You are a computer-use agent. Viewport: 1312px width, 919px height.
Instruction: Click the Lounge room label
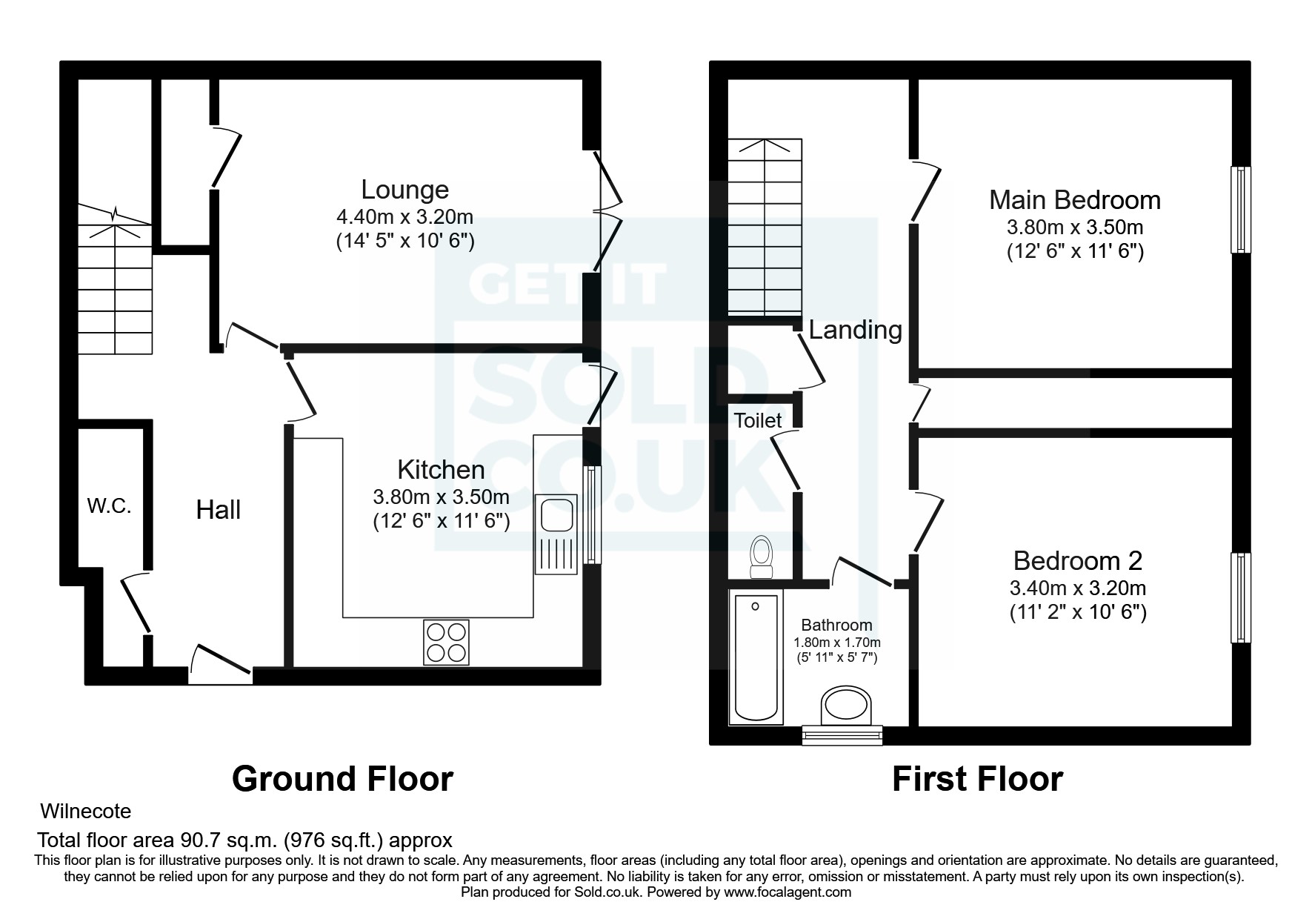pos(404,190)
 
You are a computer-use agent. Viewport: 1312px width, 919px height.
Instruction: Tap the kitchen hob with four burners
pos(446,642)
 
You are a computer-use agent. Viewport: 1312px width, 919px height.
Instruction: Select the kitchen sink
pos(556,534)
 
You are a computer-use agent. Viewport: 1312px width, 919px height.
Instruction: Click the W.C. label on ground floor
pos(109,506)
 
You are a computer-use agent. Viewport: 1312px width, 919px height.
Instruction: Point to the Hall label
pos(218,510)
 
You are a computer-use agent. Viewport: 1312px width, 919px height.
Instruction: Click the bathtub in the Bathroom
pos(756,657)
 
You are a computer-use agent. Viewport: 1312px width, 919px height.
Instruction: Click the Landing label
pos(855,330)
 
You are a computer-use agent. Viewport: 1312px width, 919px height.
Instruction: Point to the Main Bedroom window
pos(1240,209)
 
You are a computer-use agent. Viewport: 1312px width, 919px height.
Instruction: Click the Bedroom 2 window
pos(1240,597)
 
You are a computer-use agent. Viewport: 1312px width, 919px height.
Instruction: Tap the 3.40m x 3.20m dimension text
pos(1077,588)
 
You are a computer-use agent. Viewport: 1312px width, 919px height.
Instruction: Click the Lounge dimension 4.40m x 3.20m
pos(404,217)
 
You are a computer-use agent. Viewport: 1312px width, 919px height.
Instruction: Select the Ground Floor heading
pos(342,779)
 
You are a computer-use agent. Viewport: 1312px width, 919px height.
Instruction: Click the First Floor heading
pos(977,779)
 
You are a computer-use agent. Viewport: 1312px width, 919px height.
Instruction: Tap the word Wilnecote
pos(86,812)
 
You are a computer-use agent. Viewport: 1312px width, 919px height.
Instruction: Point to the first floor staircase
pos(765,227)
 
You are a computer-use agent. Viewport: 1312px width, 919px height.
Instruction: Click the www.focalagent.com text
pos(787,892)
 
